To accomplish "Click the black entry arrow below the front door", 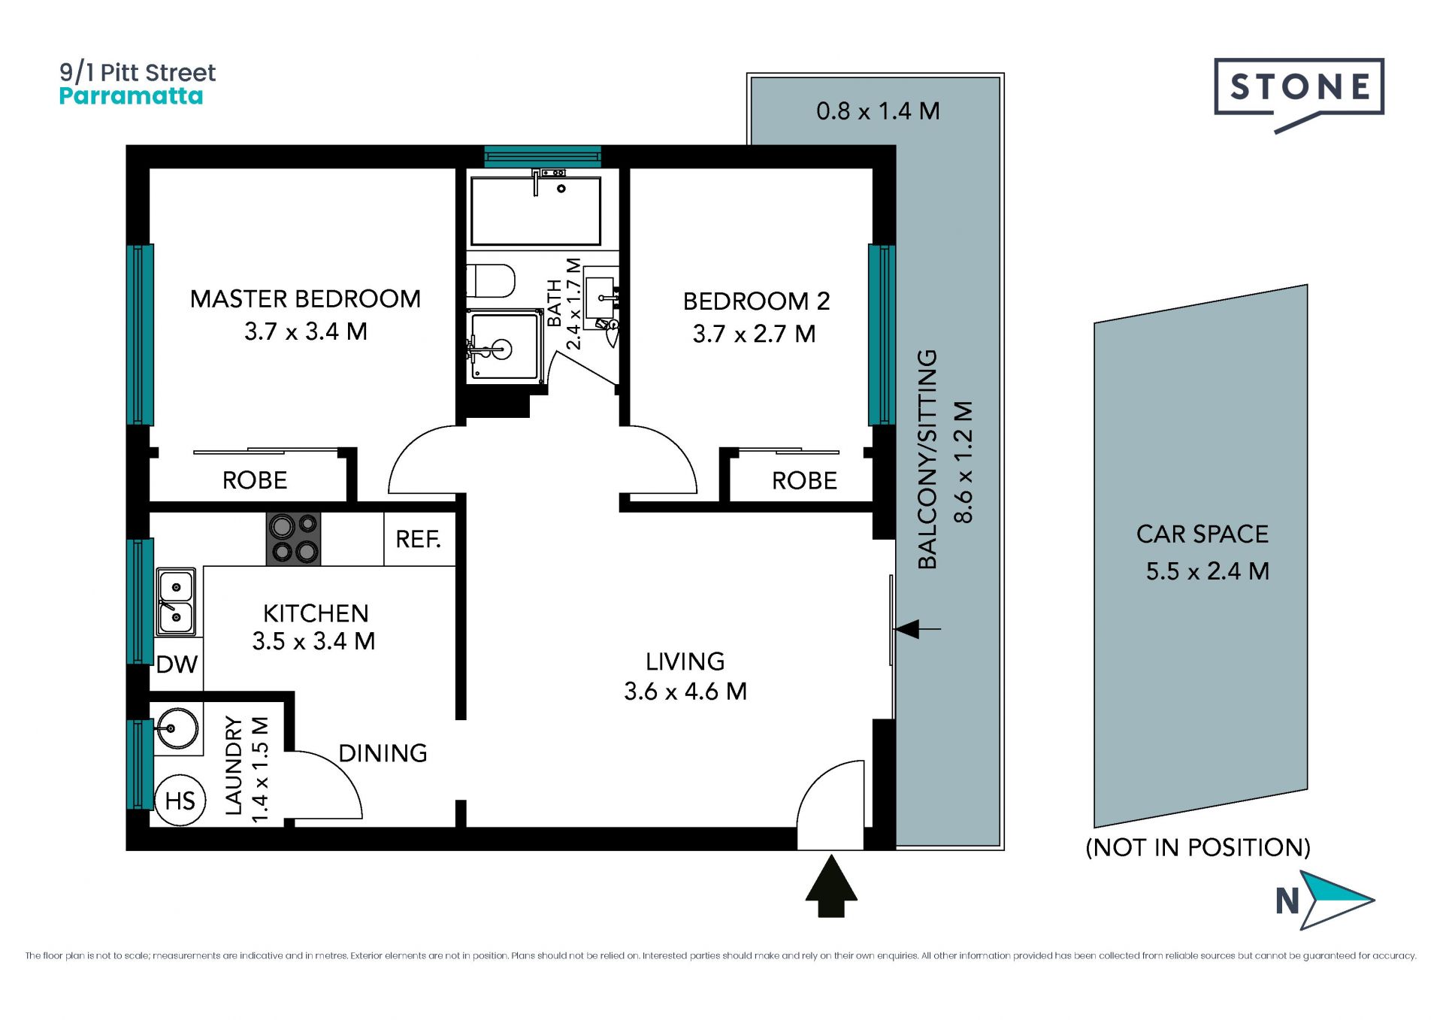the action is pyautogui.click(x=831, y=886).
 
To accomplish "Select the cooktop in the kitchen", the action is pyautogui.click(x=294, y=538).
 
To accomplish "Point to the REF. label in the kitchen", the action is pyautogui.click(x=418, y=539).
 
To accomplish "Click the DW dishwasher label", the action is pyautogui.click(x=177, y=664).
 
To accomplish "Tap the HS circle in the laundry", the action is pyautogui.click(x=180, y=801).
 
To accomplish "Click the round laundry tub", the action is pyautogui.click(x=177, y=728).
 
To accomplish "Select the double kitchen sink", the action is pyautogui.click(x=176, y=602).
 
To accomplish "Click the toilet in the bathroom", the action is pyautogui.click(x=490, y=281).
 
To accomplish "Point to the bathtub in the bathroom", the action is pyautogui.click(x=536, y=210).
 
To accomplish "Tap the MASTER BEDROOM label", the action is pyautogui.click(x=305, y=299).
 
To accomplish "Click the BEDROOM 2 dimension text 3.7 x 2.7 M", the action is pyautogui.click(x=755, y=334).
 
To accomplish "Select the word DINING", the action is pyautogui.click(x=383, y=753).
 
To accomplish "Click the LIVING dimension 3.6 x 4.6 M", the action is pyautogui.click(x=685, y=692).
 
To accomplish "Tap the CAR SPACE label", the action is pyautogui.click(x=1202, y=534).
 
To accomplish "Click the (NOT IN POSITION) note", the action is pyautogui.click(x=1198, y=848).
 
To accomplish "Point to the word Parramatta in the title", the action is pyautogui.click(x=131, y=96).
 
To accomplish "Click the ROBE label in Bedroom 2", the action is pyautogui.click(x=804, y=481).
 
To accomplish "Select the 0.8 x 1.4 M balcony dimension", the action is pyautogui.click(x=878, y=111).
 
